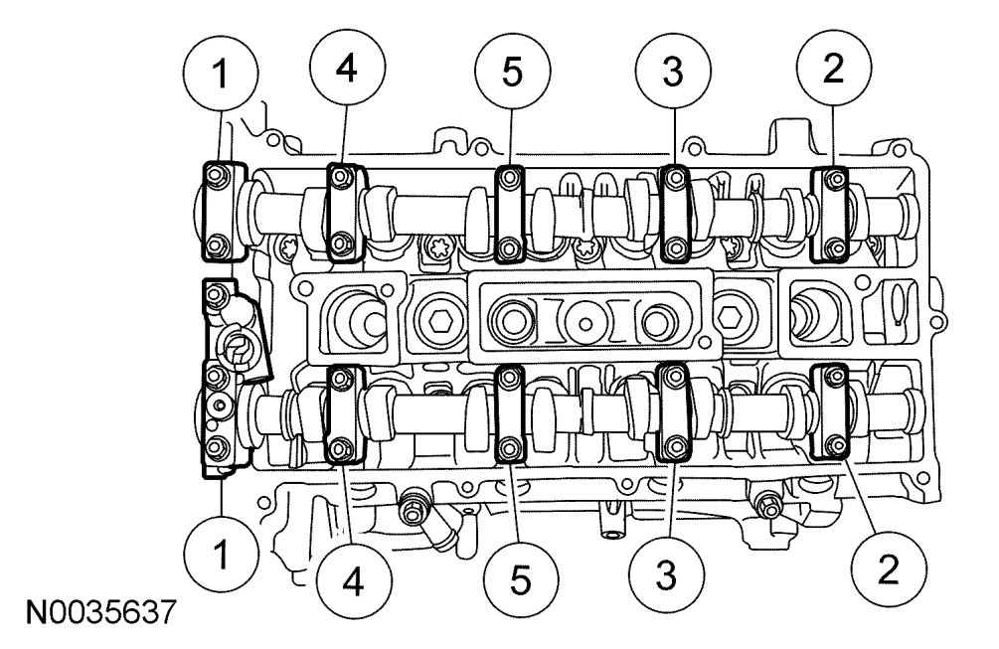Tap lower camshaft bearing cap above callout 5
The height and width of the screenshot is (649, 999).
(x=510, y=414)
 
